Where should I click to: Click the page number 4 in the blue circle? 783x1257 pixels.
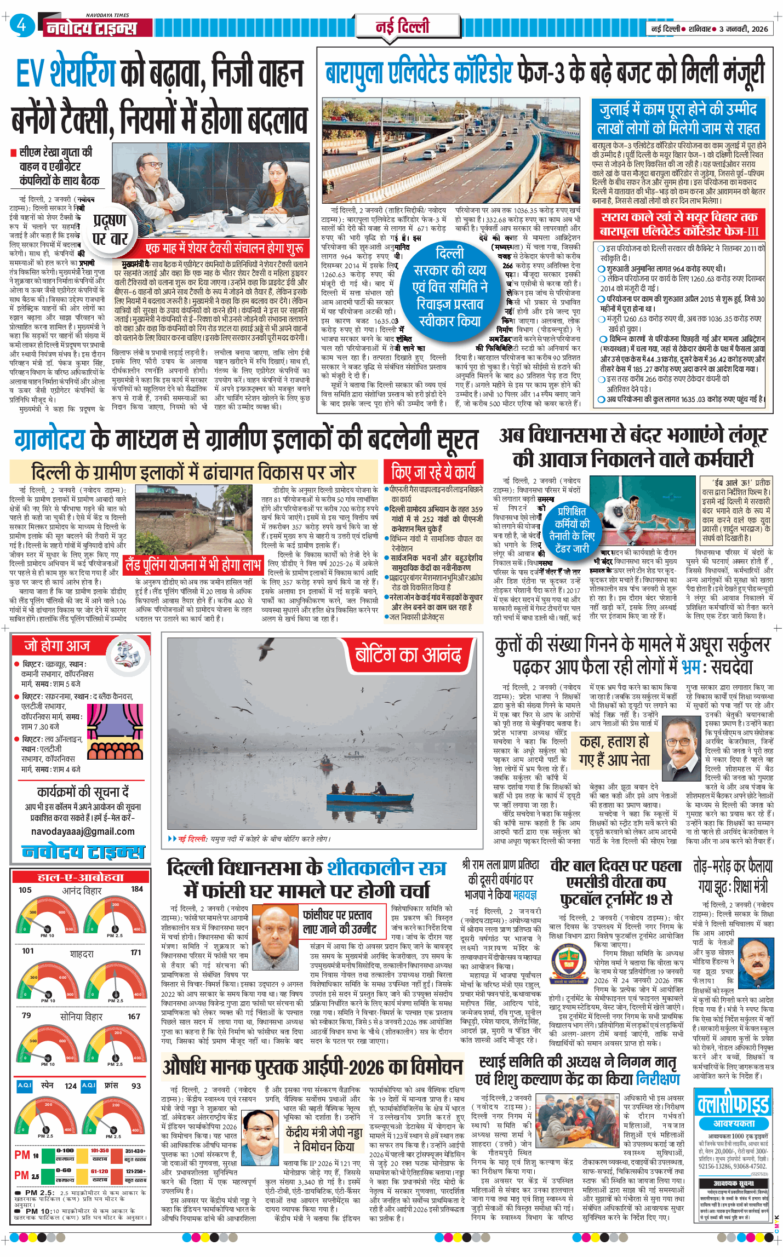(x=21, y=25)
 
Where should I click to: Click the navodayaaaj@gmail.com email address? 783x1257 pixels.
(x=83, y=831)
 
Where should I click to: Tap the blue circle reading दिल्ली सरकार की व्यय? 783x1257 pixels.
(x=450, y=286)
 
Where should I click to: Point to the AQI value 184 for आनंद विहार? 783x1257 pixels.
(x=137, y=889)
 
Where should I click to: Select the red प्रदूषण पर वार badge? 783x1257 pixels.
(x=110, y=229)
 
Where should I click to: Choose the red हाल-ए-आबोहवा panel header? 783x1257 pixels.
(x=81, y=877)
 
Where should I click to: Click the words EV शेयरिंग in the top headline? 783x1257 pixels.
(x=66, y=74)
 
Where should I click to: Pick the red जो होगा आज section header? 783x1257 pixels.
(x=58, y=646)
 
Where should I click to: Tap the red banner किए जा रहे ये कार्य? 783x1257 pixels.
(x=433, y=472)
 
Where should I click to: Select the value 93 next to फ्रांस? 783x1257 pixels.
(x=136, y=1085)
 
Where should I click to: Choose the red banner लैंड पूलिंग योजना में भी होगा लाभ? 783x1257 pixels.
(x=193, y=565)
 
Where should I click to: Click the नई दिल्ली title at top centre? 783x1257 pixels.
(x=402, y=26)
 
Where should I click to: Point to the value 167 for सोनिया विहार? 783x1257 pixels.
(x=134, y=1016)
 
